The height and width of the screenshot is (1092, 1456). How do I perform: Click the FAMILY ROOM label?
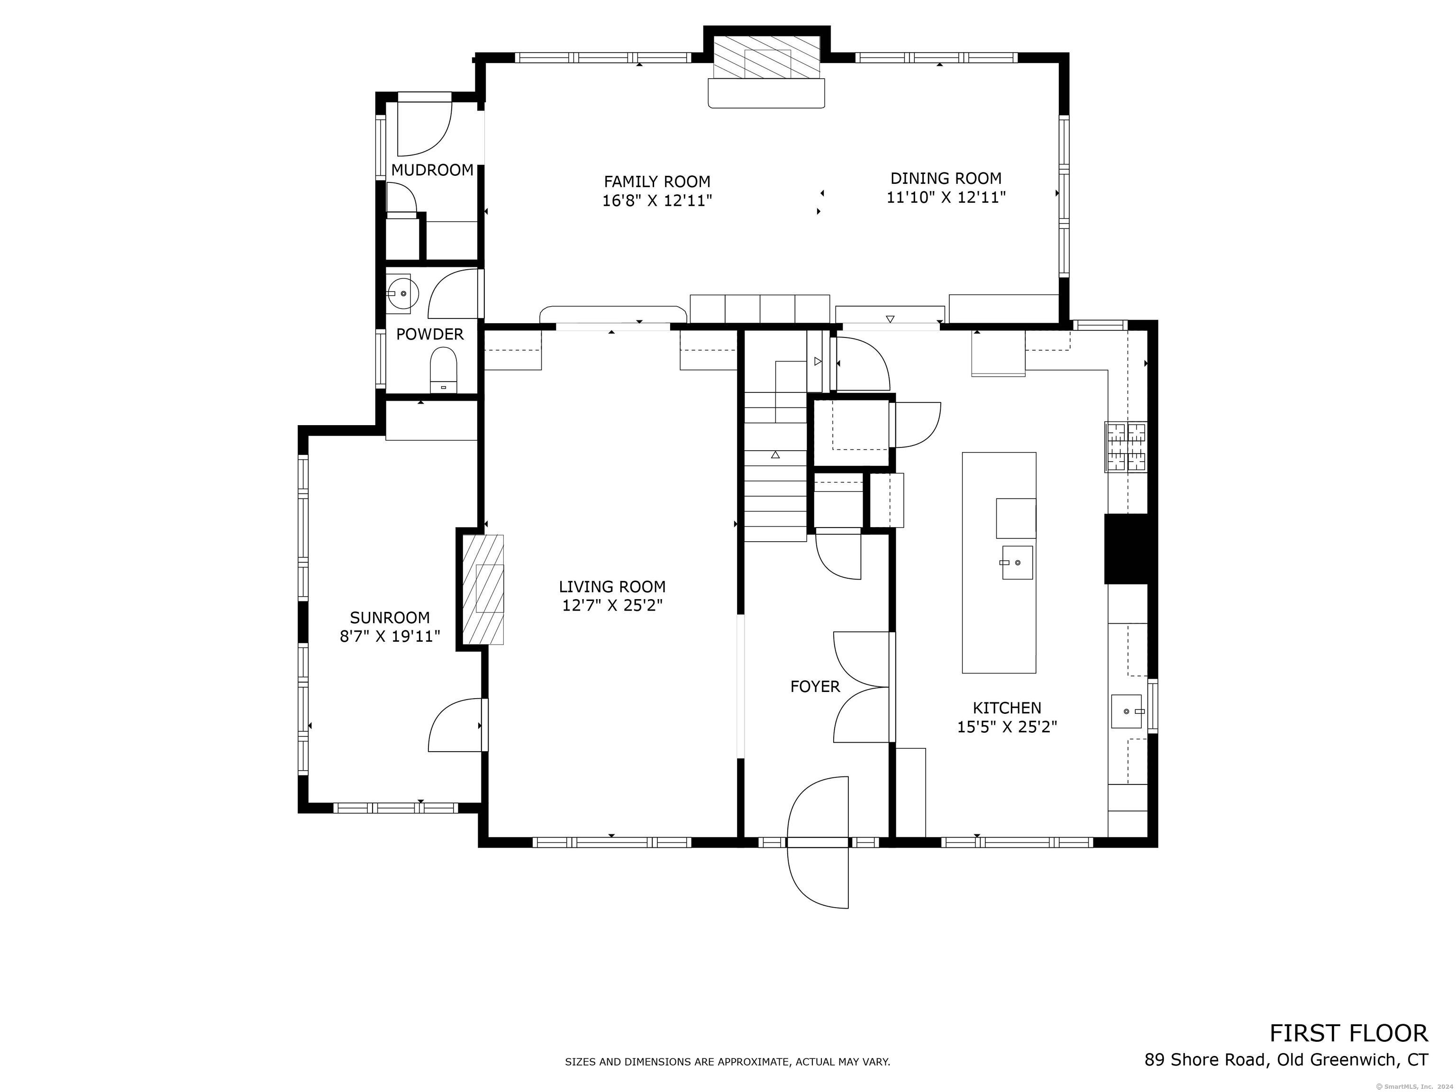click(x=657, y=182)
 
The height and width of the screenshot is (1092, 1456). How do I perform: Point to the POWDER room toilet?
click(x=443, y=371)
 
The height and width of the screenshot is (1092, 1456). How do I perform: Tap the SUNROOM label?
click(x=390, y=618)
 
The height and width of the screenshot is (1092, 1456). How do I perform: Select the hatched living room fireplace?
click(x=483, y=590)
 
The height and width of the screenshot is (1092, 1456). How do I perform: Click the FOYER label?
click(x=815, y=687)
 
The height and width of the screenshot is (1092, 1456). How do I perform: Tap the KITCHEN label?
click(x=1007, y=708)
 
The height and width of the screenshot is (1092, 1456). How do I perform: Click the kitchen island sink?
click(x=1017, y=563)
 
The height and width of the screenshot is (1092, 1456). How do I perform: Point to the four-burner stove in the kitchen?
click(x=1126, y=447)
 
